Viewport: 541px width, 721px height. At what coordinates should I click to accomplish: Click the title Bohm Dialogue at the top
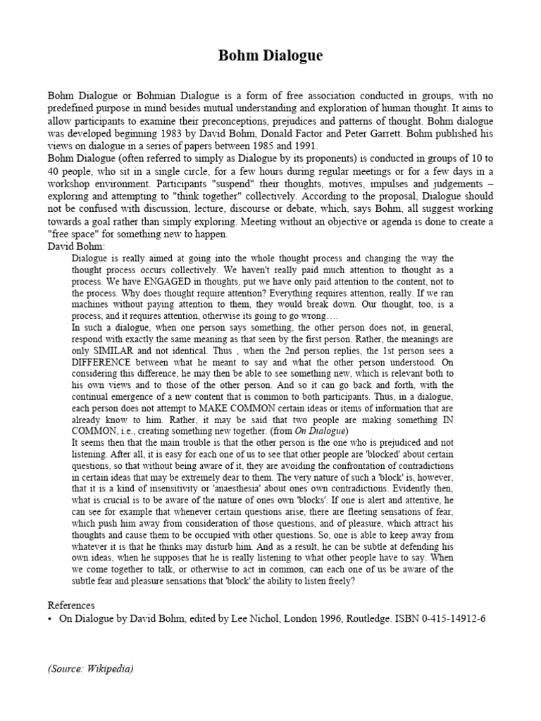pyautogui.click(x=270, y=56)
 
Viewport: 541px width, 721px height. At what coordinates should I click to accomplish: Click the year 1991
pyautogui.click(x=307, y=146)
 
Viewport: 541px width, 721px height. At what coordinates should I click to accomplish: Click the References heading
pyautogui.click(x=71, y=605)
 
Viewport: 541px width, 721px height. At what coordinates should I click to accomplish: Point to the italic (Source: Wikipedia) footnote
pyautogui.click(x=90, y=668)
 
